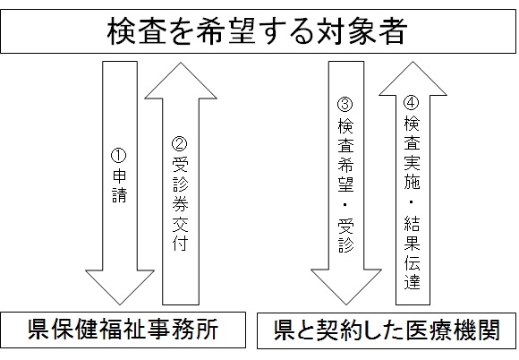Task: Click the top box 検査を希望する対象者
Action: coord(259,32)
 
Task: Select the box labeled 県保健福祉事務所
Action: coord(123,331)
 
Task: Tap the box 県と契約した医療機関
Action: coord(387,331)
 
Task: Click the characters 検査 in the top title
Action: coord(133,32)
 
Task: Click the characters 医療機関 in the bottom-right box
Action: coord(454,331)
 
